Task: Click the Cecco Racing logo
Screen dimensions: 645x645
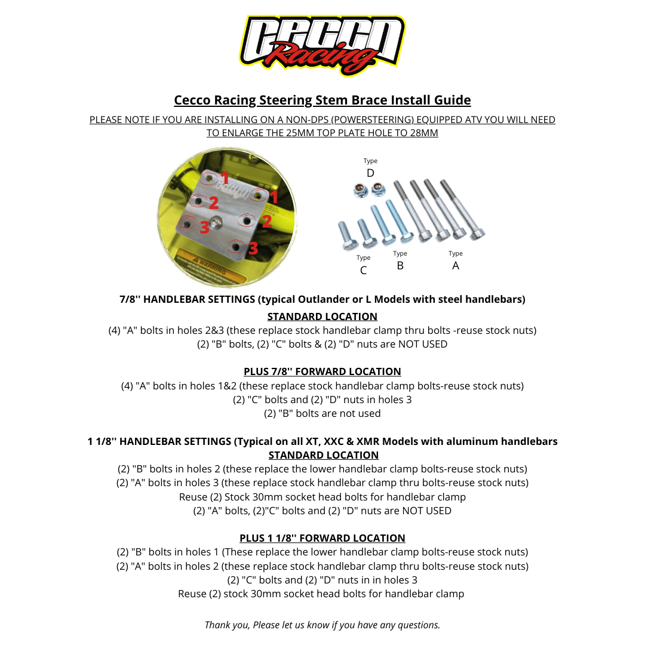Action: click(x=322, y=45)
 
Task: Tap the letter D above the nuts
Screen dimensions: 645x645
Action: click(x=370, y=173)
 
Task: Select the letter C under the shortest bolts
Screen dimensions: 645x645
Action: click(x=363, y=270)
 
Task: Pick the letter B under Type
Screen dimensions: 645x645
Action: click(x=400, y=266)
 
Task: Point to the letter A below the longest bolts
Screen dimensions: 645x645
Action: click(x=456, y=266)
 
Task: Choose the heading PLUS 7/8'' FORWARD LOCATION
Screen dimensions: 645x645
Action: click(x=322, y=371)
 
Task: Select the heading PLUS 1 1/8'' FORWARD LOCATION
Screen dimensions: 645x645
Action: click(x=322, y=538)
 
